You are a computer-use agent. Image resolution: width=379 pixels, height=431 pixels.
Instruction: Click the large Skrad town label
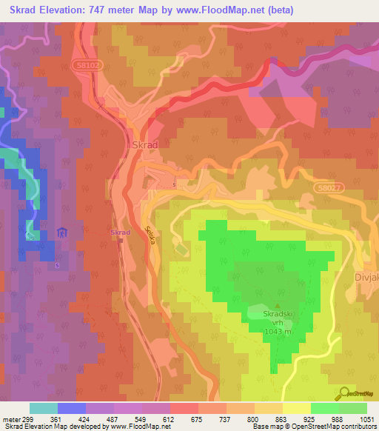click(145, 145)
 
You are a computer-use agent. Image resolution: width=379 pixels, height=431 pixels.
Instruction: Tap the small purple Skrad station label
click(121, 233)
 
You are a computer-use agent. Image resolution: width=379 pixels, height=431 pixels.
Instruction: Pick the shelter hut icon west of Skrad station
click(63, 234)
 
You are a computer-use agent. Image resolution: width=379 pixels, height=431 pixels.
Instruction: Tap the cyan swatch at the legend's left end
click(43, 408)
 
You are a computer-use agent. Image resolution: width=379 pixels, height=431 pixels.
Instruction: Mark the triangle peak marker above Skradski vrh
click(278, 304)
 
